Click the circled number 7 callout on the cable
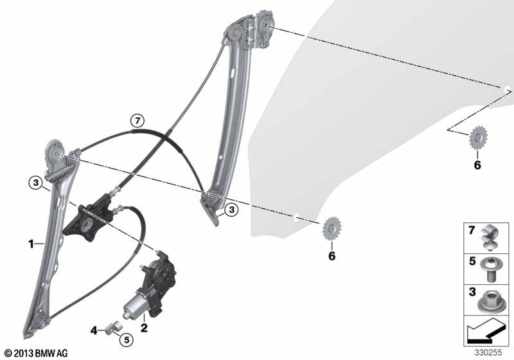tap(137, 121)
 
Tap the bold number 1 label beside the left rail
tap(31, 244)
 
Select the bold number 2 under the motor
tap(144, 328)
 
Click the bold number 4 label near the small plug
tap(94, 330)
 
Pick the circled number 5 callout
tap(127, 339)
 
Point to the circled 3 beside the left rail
tap(36, 183)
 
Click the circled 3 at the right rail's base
tap(231, 210)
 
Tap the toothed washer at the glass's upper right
tap(478, 138)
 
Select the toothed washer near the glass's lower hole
tap(332, 228)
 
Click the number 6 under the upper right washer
tap(477, 165)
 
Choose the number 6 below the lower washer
tap(332, 256)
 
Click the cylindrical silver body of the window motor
tap(135, 305)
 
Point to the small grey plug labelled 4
tap(114, 327)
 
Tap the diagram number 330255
tap(488, 352)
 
